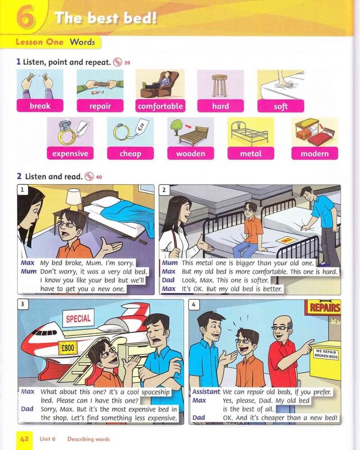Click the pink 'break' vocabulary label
tap(40, 106)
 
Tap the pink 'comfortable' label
tap(160, 106)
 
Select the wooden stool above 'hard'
tap(219, 85)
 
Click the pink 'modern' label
tap(315, 153)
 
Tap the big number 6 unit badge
tap(26, 17)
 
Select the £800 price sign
tap(68, 348)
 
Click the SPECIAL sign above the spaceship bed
tap(78, 318)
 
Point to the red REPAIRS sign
tap(324, 307)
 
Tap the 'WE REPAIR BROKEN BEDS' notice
tap(326, 354)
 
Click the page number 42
tap(24, 439)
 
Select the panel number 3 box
tap(22, 305)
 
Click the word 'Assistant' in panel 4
tap(206, 392)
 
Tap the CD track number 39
tap(127, 63)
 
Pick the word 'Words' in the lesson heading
tap(82, 42)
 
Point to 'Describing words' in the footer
tap(88, 439)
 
